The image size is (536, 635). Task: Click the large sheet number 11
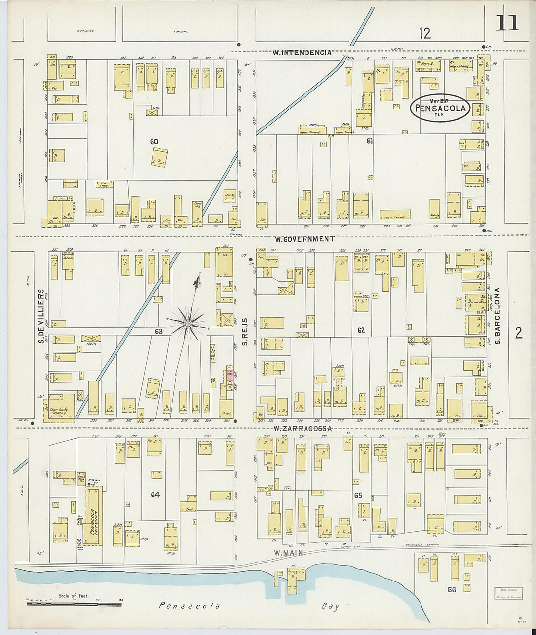[x=507, y=22]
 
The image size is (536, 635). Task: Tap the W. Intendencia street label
[x=302, y=53]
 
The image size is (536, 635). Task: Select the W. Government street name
[x=305, y=239]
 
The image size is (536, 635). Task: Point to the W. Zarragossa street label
[x=303, y=429]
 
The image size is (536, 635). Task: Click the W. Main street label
[x=288, y=553]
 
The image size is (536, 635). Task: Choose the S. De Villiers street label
[x=41, y=316]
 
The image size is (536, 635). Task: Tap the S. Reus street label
[x=245, y=332]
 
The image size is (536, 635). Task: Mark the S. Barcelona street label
[x=498, y=316]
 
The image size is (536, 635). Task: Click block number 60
[x=154, y=142]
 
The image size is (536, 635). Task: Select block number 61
[x=370, y=141]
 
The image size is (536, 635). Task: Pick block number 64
[x=155, y=495]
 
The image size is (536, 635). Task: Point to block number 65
[x=358, y=495]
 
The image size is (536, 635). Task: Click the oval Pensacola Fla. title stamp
[x=440, y=108]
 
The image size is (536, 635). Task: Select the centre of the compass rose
[x=188, y=323]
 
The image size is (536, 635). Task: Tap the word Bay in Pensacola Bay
[x=330, y=607]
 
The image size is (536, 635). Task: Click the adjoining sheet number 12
[x=424, y=33]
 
